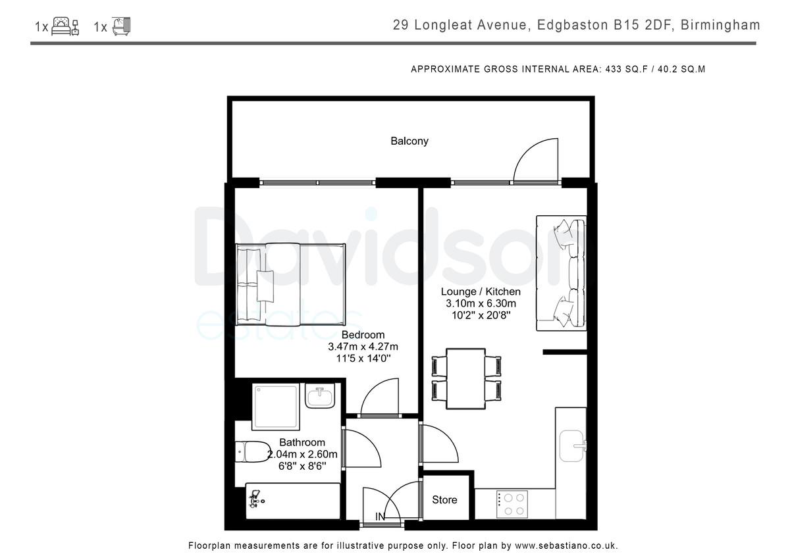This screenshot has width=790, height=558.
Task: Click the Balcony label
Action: coord(409,141)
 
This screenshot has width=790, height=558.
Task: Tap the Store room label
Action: coord(444,499)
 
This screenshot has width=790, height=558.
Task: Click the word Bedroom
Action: coord(363,334)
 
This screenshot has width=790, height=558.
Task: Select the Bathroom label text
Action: coord(302,442)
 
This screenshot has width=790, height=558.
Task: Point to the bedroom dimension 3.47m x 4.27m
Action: coord(363,347)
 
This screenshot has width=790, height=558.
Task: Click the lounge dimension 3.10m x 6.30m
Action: coord(481,303)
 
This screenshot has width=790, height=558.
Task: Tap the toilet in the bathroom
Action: coord(253,452)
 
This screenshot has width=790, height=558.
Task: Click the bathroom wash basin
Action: coord(319,396)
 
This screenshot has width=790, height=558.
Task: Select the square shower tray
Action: coord(276,407)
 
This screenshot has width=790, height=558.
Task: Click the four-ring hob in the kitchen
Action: coord(512,505)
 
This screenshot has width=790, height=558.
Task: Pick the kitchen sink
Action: coord(572,446)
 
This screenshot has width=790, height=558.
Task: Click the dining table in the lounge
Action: coord(466,379)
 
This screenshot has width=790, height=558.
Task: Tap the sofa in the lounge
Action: coord(561,273)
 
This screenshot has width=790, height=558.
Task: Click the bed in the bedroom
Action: coord(291,284)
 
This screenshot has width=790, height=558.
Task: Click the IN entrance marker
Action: coord(380,517)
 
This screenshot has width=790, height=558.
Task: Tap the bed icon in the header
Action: coord(65,26)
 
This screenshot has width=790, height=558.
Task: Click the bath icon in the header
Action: coord(121,26)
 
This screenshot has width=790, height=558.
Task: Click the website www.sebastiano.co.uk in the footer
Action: coord(566,545)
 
